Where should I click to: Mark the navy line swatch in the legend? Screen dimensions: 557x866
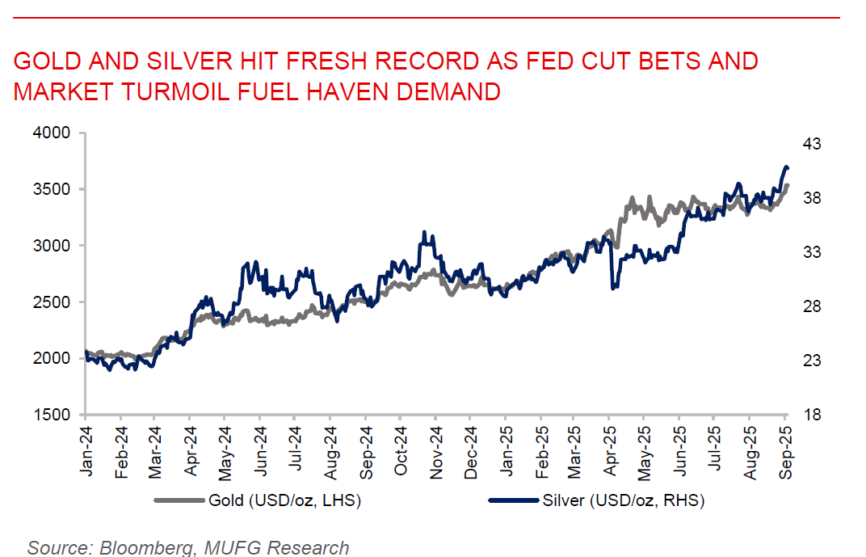pyautogui.click(x=515, y=501)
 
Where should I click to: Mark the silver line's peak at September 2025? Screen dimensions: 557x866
pyautogui.click(x=786, y=167)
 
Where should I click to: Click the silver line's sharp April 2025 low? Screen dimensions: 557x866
pyautogui.click(x=614, y=287)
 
